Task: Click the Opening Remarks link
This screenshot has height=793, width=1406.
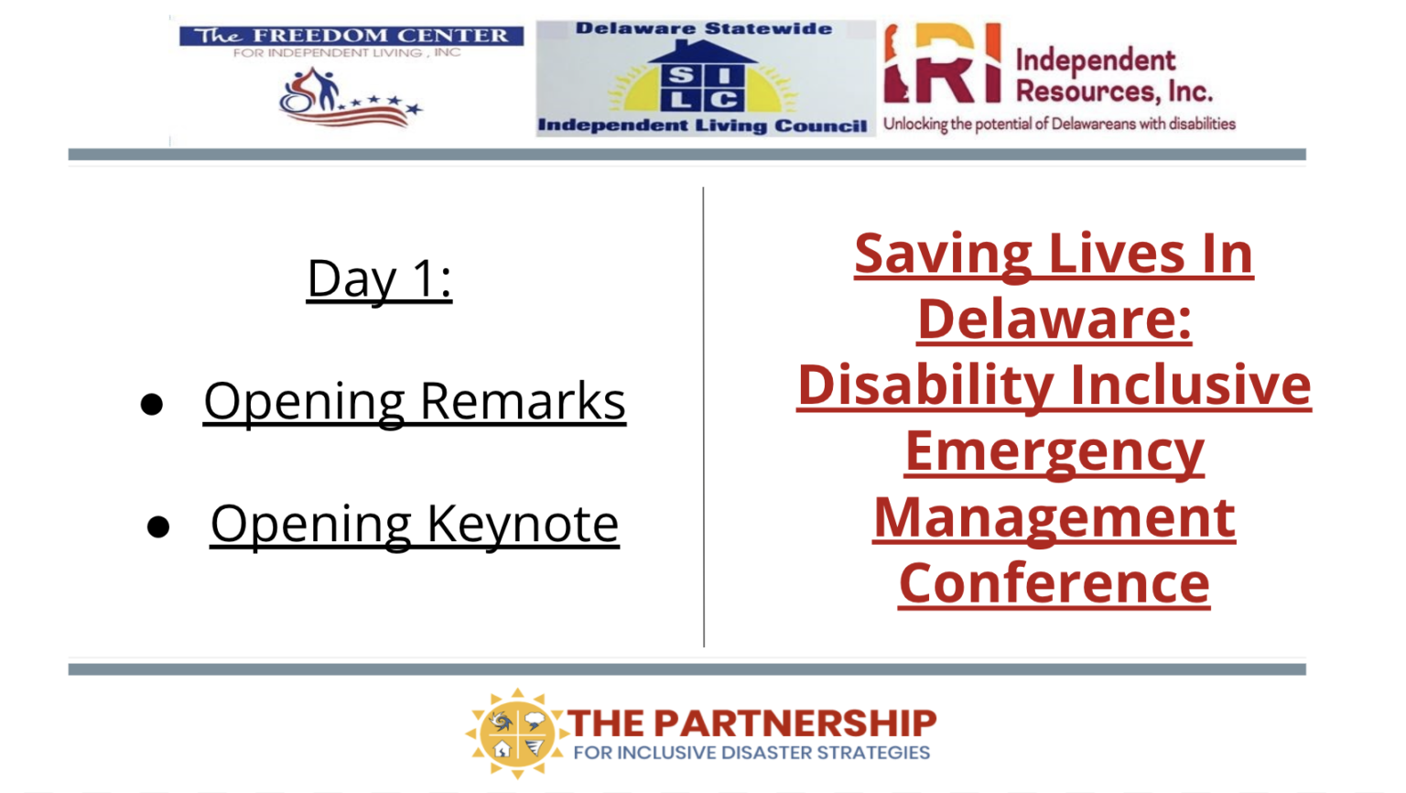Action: (x=415, y=403)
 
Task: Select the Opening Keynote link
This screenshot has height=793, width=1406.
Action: (x=415, y=525)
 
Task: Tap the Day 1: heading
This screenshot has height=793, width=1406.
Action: (x=379, y=278)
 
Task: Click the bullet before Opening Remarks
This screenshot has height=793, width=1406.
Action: (x=152, y=404)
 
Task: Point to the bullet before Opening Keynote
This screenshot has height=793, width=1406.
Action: (x=158, y=527)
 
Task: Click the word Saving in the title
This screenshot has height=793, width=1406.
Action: (x=944, y=254)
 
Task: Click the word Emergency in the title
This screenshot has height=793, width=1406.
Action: (x=1054, y=452)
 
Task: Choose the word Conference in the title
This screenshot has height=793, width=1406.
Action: (x=1054, y=583)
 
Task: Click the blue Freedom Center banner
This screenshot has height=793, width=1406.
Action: (x=351, y=36)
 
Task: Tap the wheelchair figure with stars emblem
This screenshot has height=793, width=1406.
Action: (x=351, y=98)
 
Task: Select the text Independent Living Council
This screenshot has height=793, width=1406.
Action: (x=702, y=125)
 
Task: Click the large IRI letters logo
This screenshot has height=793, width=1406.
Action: (x=943, y=63)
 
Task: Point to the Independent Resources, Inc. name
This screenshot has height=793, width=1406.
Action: (x=1114, y=76)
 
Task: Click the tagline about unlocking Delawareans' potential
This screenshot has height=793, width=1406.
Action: (x=1059, y=124)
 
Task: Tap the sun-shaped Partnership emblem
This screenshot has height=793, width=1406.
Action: (x=516, y=733)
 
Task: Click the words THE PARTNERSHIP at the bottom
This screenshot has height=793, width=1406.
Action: (x=752, y=722)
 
